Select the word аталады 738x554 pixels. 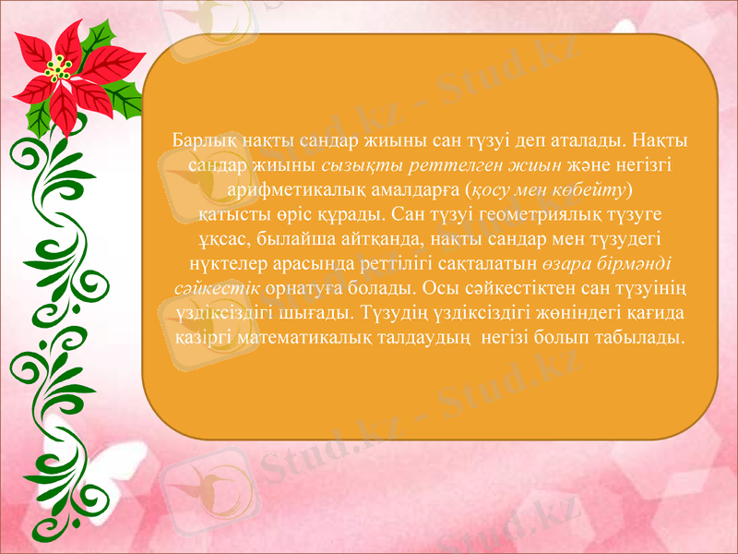(522, 140)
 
